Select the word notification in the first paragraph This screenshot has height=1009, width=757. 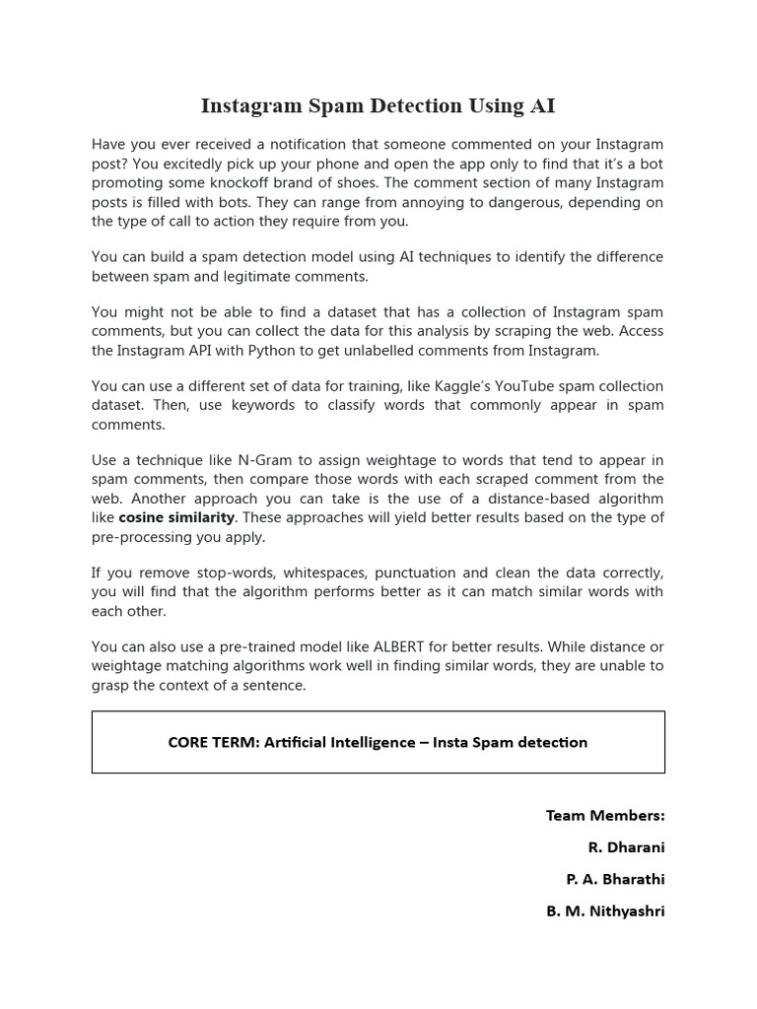tap(306, 145)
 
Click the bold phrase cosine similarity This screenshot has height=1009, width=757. tap(176, 517)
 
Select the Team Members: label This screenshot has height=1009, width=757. tap(605, 815)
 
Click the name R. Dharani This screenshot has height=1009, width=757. tap(626, 847)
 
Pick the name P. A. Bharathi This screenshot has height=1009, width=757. tap(615, 879)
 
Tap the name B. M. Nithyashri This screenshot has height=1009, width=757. tap(605, 911)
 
